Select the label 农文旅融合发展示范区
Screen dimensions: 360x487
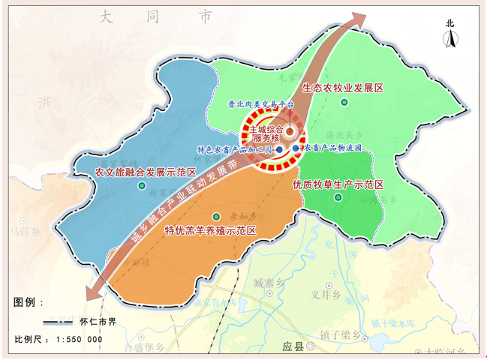pos(140,172)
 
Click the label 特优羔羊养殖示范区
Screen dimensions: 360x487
pos(210,229)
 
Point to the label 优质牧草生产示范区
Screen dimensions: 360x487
pos(338,184)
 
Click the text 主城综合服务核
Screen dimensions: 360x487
pos(266,133)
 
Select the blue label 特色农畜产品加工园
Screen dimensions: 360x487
pos(234,149)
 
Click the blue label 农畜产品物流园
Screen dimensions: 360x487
pos(332,148)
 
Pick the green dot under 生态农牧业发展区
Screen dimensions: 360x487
pos(344,102)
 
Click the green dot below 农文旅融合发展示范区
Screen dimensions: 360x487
pos(142,185)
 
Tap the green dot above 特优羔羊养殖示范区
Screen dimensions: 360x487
pos(217,216)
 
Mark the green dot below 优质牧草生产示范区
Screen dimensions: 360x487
pos(338,198)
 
